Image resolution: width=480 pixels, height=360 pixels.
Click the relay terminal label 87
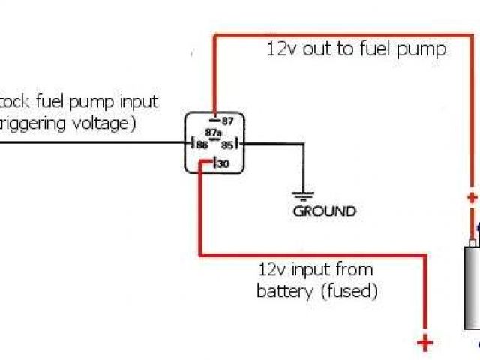tap(226, 121)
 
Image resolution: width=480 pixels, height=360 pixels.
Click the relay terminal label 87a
tap(214, 133)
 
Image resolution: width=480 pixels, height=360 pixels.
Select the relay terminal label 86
tap(202, 145)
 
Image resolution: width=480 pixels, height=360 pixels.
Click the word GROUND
tap(324, 211)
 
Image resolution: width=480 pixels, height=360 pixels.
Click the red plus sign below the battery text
tap(425, 343)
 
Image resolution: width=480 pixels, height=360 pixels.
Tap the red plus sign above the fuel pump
tap(472, 199)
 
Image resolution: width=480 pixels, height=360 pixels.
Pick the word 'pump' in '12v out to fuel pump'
tap(424, 51)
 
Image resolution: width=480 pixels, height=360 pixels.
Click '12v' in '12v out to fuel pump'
tap(280, 50)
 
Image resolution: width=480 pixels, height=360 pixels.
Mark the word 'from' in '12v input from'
tap(355, 268)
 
